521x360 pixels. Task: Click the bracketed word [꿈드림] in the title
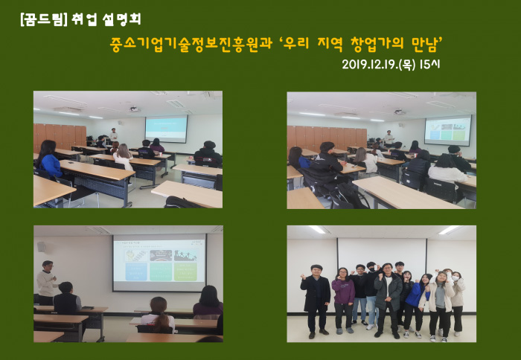[x=44, y=19]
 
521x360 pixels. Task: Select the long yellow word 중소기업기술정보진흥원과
[x=191, y=43]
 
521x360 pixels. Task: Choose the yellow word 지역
[x=330, y=43]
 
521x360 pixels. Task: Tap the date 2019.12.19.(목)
[x=379, y=64]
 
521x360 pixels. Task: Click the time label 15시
[x=429, y=64]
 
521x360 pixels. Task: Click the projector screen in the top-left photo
[x=166, y=129]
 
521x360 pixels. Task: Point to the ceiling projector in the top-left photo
[x=133, y=109]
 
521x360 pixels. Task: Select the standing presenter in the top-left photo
[x=114, y=135]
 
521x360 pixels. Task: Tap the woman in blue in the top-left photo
[x=51, y=159]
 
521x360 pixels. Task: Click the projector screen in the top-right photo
[x=448, y=130]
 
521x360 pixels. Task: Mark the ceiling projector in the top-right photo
[x=399, y=112]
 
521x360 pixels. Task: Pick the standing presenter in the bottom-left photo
[x=46, y=283]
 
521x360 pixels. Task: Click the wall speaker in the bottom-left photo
[x=41, y=246]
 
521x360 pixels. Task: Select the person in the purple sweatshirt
[x=343, y=300]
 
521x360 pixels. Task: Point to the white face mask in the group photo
[x=456, y=279]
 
